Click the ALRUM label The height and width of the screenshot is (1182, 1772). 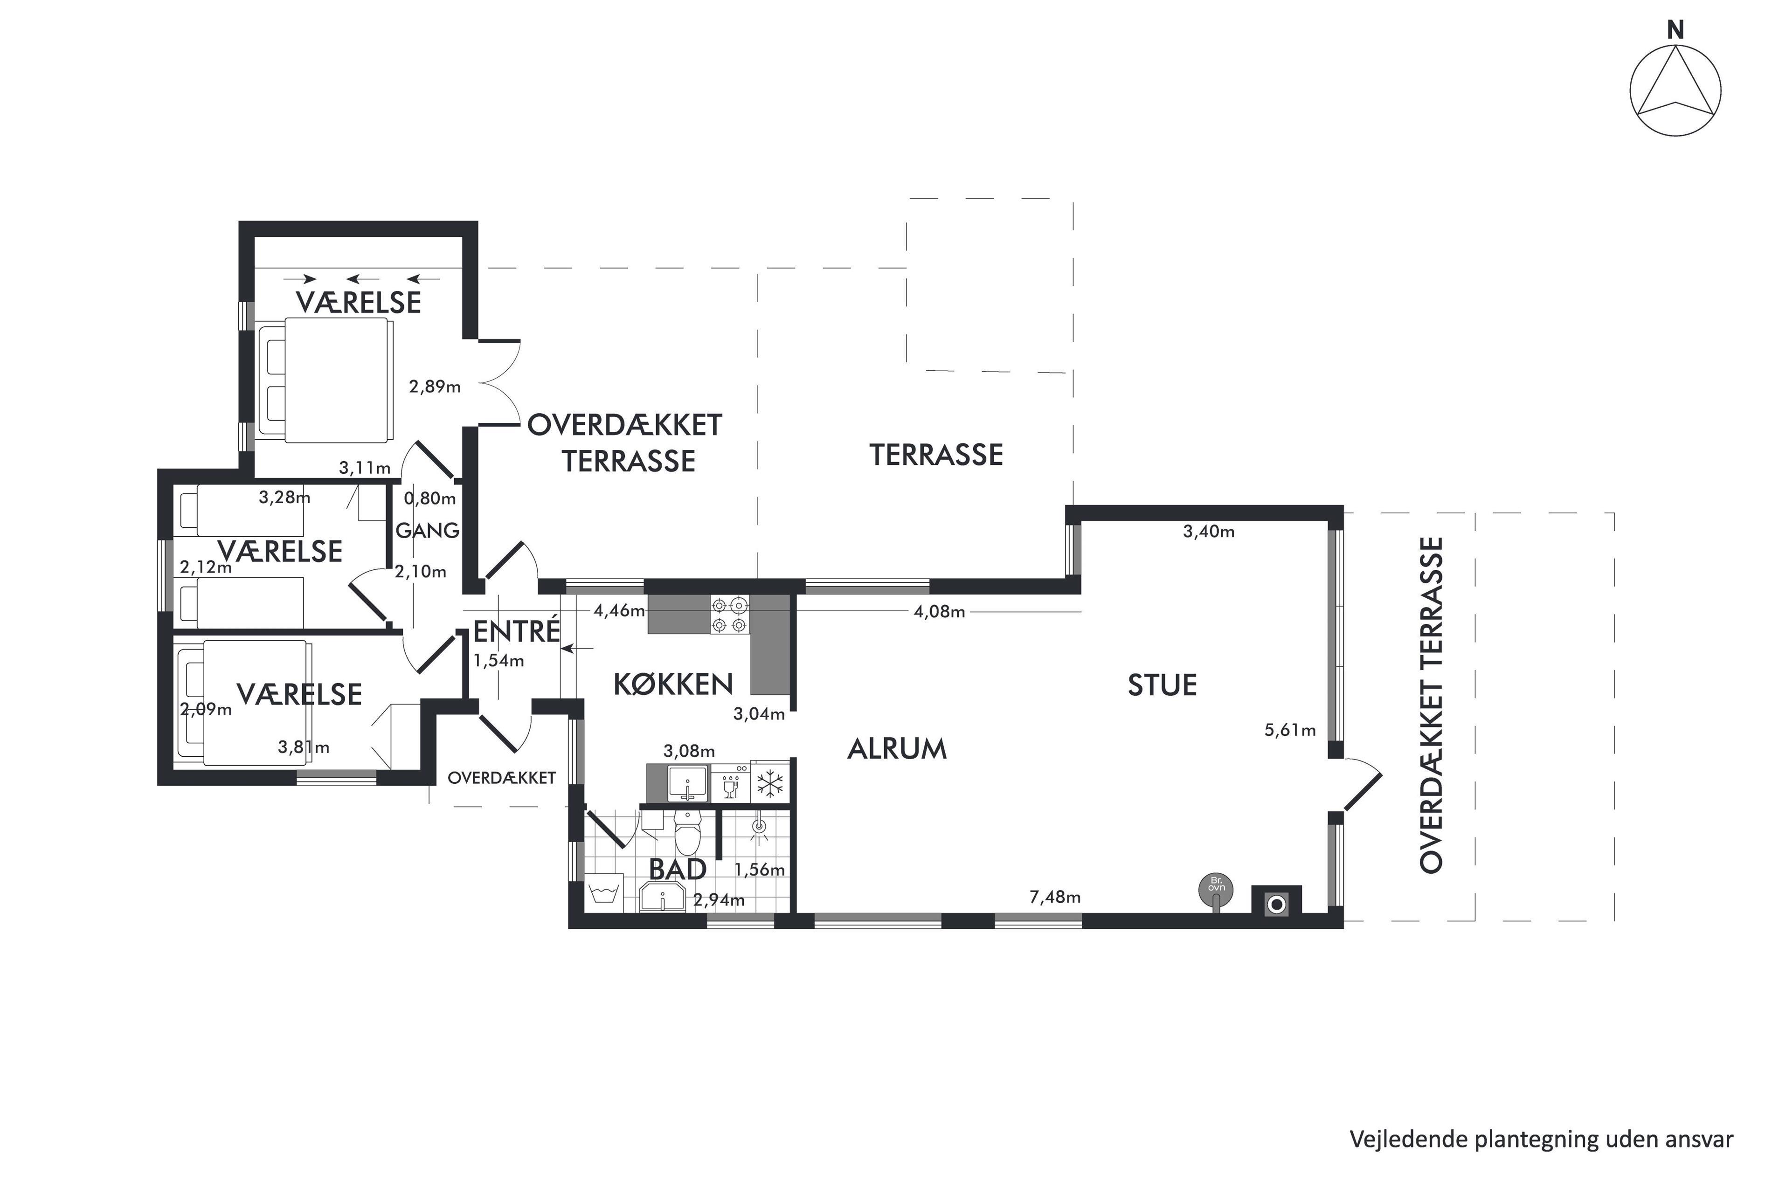pos(897,748)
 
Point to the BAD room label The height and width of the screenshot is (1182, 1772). pos(678,869)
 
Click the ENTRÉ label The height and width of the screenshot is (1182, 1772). pos(516,630)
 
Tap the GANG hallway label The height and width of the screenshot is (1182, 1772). pos(427,530)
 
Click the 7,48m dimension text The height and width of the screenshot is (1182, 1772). pos(1054,897)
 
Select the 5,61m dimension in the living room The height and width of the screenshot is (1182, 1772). pos(1290,730)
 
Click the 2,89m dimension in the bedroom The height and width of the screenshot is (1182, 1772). pos(435,387)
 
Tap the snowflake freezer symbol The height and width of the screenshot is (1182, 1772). pos(769,784)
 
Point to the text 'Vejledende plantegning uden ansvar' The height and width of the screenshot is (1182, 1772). pos(1541,1139)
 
